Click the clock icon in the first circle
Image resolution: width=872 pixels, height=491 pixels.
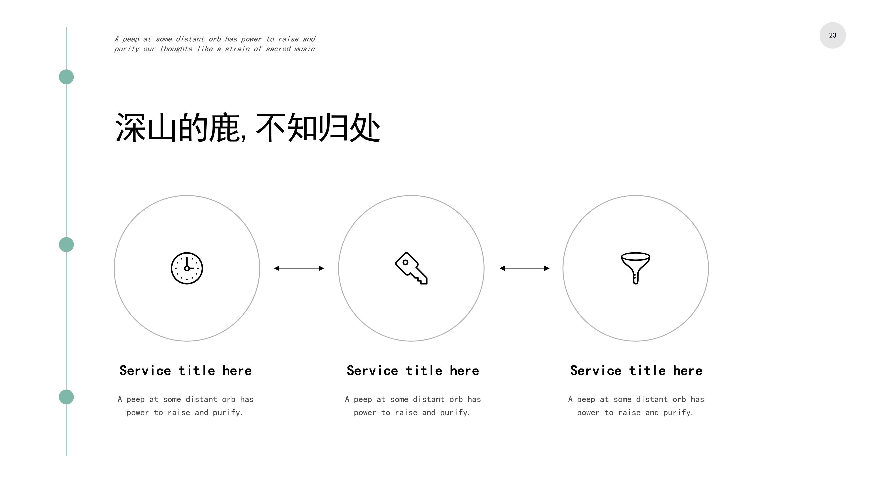pyautogui.click(x=187, y=268)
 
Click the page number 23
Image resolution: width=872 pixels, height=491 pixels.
pyautogui.click(x=832, y=35)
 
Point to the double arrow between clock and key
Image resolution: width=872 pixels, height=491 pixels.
pyautogui.click(x=299, y=268)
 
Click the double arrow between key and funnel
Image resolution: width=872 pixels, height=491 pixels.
pyautogui.click(x=524, y=268)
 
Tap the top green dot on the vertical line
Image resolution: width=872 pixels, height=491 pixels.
pyautogui.click(x=66, y=77)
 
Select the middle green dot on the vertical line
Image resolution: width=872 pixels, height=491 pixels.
pyautogui.click(x=66, y=245)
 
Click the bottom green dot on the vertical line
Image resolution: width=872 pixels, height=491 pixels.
pyautogui.click(x=66, y=397)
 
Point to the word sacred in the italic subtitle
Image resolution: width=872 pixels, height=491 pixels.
pyautogui.click(x=278, y=49)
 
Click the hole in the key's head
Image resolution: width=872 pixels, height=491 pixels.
pyautogui.click(x=405, y=262)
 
